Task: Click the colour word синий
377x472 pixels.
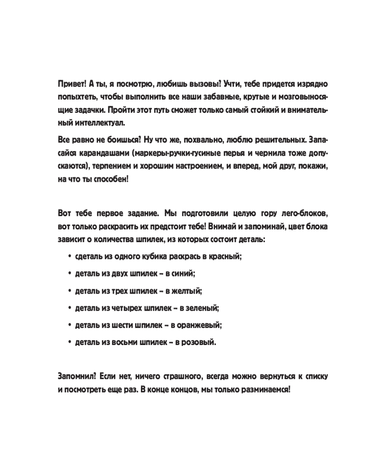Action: [x=181, y=274]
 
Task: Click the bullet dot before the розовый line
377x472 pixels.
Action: [x=70, y=343]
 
